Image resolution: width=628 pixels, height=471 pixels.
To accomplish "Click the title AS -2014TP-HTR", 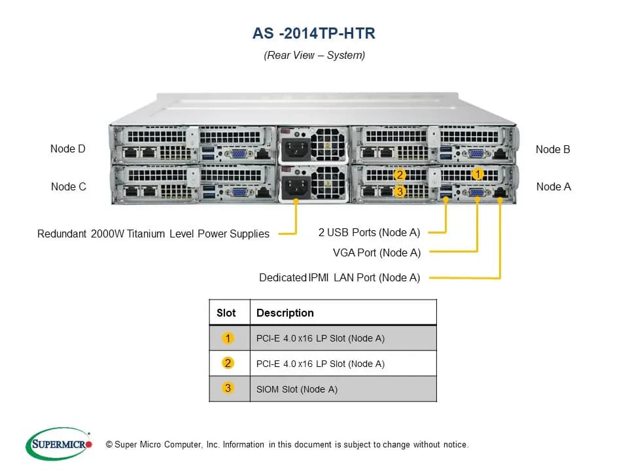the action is click(314, 33).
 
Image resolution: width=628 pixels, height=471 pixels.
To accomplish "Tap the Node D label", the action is click(67, 148).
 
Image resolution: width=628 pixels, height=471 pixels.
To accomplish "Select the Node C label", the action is click(69, 186).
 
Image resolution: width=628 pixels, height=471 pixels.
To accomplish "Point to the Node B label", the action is click(553, 149).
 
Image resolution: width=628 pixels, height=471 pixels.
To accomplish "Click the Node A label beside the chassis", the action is click(553, 186).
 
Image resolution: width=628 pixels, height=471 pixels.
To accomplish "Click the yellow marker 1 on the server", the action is click(478, 174).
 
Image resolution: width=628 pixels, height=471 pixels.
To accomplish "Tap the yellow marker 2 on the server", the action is click(399, 175).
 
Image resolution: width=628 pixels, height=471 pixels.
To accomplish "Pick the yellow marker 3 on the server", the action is click(399, 192).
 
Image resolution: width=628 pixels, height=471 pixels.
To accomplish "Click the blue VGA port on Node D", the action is click(239, 154).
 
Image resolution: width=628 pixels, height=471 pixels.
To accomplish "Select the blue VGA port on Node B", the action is click(476, 153).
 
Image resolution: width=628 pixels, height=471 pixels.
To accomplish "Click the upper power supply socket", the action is click(296, 150).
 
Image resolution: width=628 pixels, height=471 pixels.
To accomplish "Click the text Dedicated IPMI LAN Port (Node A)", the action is click(340, 277).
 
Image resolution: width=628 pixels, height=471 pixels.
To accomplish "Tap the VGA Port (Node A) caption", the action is click(377, 253).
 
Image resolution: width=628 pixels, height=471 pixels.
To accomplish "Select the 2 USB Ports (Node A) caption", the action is click(369, 232).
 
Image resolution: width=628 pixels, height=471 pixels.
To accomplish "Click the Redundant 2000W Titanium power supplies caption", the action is click(153, 234).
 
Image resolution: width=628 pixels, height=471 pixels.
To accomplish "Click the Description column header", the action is click(285, 313).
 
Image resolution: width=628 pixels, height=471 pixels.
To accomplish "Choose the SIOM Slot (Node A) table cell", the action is click(297, 389).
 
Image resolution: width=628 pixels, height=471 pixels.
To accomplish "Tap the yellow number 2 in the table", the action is click(228, 363).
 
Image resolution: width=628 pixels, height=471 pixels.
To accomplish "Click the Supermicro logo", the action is click(59, 444).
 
